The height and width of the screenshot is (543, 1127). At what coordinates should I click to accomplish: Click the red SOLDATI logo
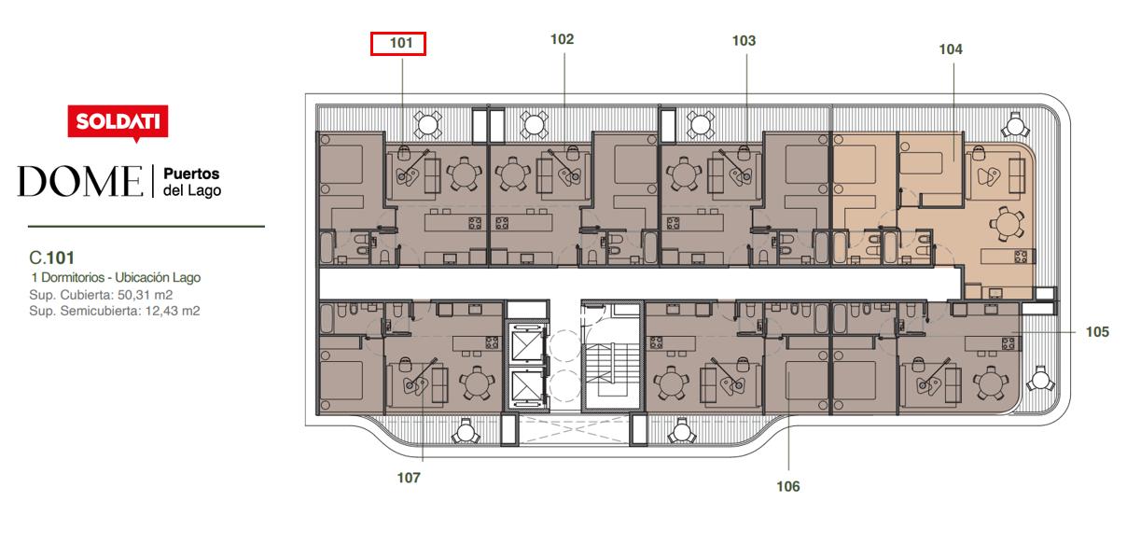pyautogui.click(x=118, y=122)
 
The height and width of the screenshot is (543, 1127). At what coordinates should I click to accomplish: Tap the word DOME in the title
pyautogui.click(x=80, y=181)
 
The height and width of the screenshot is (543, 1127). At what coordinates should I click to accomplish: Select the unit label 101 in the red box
pyautogui.click(x=401, y=43)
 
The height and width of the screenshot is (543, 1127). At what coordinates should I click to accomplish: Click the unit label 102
pyautogui.click(x=562, y=39)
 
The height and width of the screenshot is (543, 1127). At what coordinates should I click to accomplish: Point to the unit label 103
pyautogui.click(x=744, y=41)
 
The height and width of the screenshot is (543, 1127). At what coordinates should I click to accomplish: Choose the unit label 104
pyautogui.click(x=951, y=49)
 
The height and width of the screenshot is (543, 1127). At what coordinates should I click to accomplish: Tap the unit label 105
pyautogui.click(x=1097, y=332)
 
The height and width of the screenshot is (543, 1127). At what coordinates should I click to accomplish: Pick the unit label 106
pyautogui.click(x=788, y=487)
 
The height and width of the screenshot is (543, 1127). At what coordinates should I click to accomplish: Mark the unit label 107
pyautogui.click(x=409, y=478)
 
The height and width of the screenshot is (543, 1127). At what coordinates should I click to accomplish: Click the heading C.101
pyautogui.click(x=52, y=258)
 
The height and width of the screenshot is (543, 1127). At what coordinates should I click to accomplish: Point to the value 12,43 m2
pyautogui.click(x=173, y=311)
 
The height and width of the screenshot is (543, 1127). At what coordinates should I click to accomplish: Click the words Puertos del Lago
pyautogui.click(x=191, y=182)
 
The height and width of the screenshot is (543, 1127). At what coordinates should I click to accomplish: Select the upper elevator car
pyautogui.click(x=526, y=342)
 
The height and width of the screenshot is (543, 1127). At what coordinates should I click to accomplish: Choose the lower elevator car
pyautogui.click(x=526, y=388)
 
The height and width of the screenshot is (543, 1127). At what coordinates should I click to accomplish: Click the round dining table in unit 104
pyautogui.click(x=1007, y=222)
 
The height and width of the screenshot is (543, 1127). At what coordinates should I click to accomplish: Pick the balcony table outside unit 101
pyautogui.click(x=427, y=124)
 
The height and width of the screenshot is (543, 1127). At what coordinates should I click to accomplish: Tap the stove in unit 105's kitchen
pyautogui.click(x=1008, y=343)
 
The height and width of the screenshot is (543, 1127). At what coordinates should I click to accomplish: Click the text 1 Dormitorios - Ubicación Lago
pyautogui.click(x=116, y=278)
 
